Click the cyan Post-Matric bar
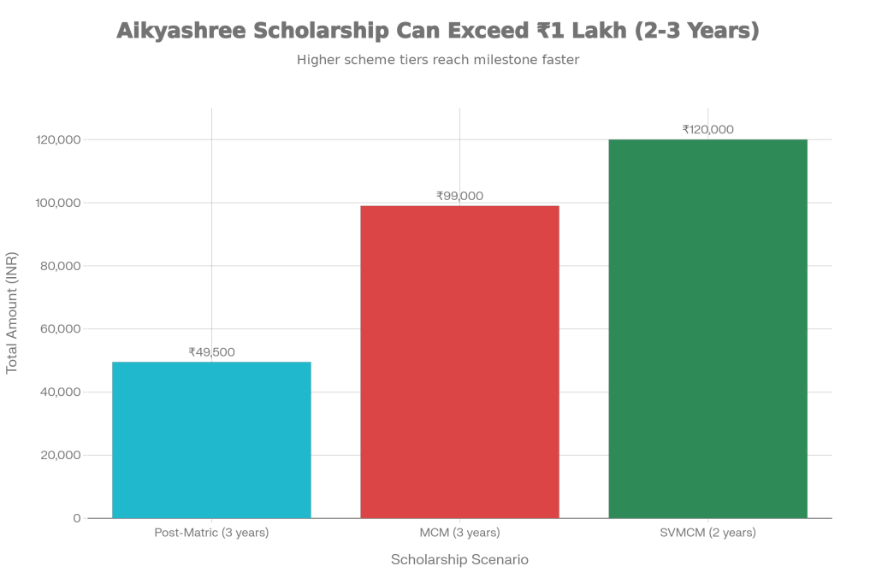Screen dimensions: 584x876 (x=211, y=439)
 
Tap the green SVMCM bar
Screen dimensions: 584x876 (x=707, y=328)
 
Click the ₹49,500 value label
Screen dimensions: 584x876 (x=211, y=351)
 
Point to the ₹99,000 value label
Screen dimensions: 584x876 (x=459, y=196)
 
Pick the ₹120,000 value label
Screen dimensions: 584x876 (x=707, y=130)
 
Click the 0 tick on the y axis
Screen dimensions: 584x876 (x=77, y=518)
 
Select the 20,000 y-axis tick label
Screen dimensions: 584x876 (x=59, y=455)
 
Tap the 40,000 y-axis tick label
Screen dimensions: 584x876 (x=59, y=392)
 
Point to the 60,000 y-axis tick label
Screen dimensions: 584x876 (x=59, y=329)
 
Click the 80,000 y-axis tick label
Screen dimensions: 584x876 (x=59, y=266)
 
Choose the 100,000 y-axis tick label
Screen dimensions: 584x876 (x=57, y=203)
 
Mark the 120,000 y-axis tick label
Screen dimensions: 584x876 (x=57, y=139)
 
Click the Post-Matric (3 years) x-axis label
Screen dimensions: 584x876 (x=211, y=533)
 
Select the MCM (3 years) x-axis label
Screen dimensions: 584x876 (x=459, y=533)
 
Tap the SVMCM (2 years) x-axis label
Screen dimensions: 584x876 (x=707, y=533)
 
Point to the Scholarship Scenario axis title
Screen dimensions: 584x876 (x=459, y=560)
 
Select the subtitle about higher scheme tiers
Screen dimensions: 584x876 (x=438, y=61)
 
